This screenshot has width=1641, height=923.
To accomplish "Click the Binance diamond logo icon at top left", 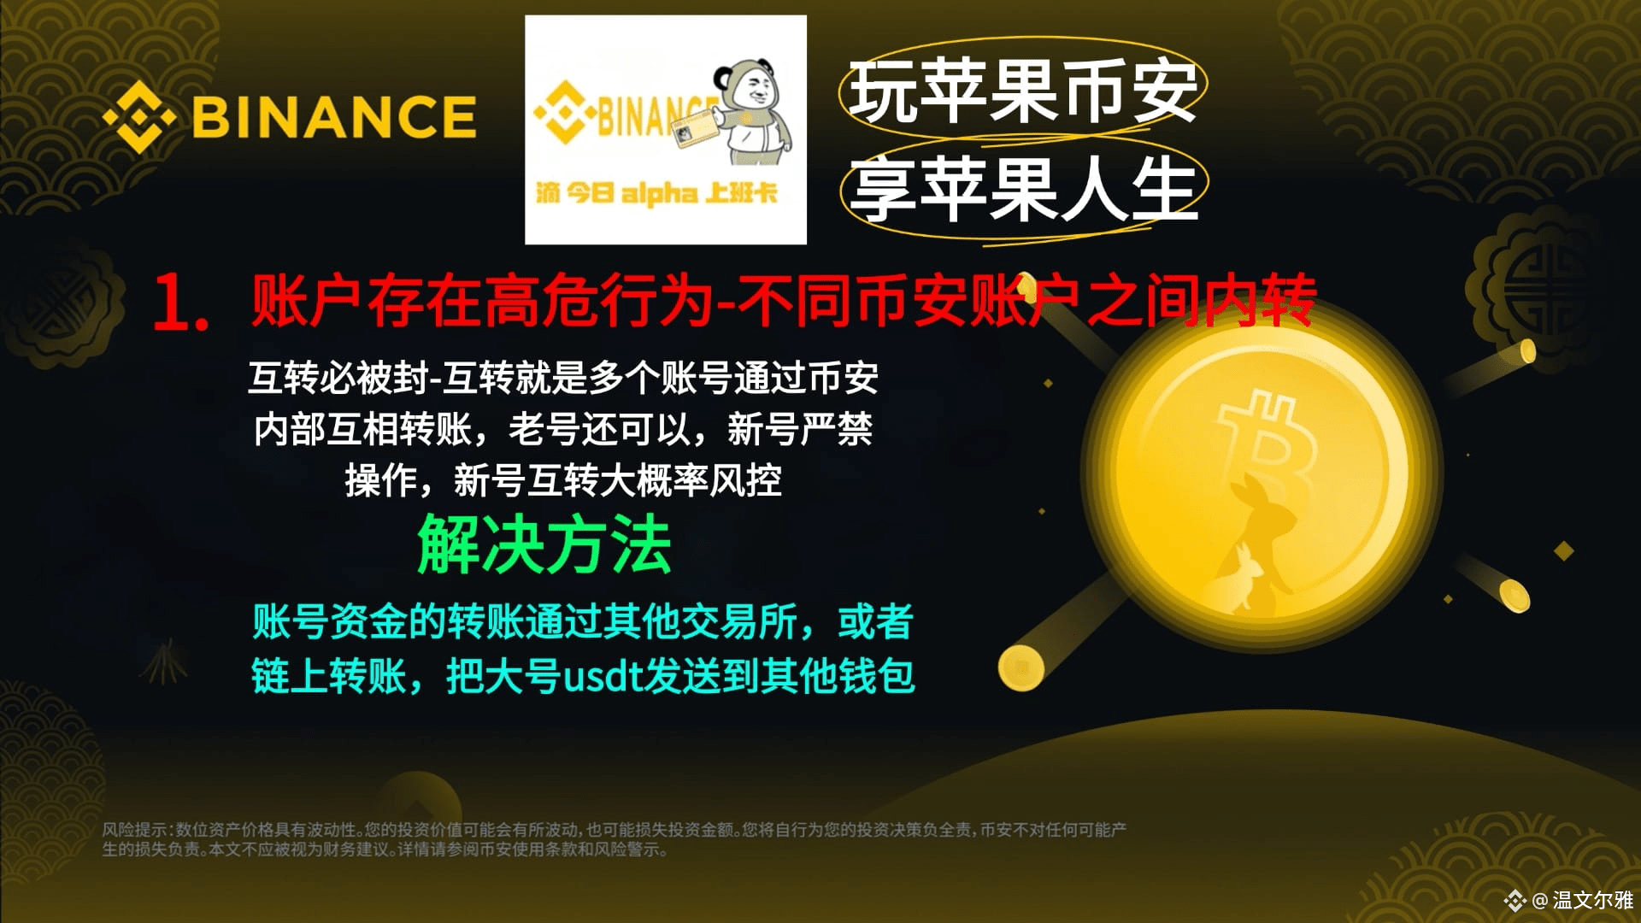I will (x=138, y=117).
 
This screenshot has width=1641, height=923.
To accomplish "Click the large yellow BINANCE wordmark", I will (x=333, y=117).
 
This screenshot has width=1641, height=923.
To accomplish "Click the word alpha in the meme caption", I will (x=658, y=195).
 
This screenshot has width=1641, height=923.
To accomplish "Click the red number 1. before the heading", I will (x=180, y=303).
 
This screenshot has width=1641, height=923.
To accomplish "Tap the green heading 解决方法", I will (x=544, y=545).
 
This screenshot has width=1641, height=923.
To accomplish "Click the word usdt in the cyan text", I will (x=603, y=676).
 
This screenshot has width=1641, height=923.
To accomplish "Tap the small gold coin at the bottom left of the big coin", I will (x=1020, y=667).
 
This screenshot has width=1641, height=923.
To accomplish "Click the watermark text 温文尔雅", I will (x=1593, y=900).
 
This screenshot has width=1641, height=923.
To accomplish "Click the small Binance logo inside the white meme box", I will (x=560, y=111).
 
